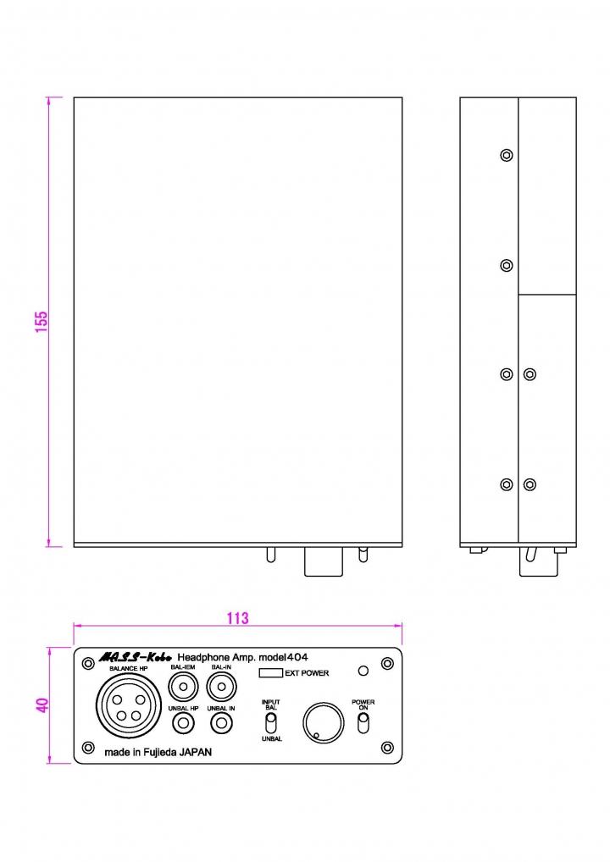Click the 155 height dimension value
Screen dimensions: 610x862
coord(42,322)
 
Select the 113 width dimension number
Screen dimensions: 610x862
coord(237,618)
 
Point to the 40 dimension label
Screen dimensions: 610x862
coord(42,705)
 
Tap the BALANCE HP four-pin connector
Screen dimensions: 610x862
coord(129,705)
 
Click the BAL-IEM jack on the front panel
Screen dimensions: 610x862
coord(183,687)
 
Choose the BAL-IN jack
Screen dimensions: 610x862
coord(221,687)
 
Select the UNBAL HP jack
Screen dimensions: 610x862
coord(183,723)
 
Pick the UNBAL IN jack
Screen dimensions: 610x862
coord(221,723)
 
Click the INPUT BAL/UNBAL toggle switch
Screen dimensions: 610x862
coord(271,723)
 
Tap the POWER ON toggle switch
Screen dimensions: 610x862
coord(363,723)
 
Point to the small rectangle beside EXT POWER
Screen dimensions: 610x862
coord(270,673)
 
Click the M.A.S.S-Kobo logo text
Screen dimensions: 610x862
coord(136,657)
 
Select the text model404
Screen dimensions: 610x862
coord(283,657)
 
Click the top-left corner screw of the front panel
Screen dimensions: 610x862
coord(88,664)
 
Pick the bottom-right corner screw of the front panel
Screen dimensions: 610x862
coord(387,748)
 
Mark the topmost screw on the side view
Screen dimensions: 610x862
coord(507,155)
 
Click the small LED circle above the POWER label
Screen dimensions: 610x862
coord(363,671)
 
